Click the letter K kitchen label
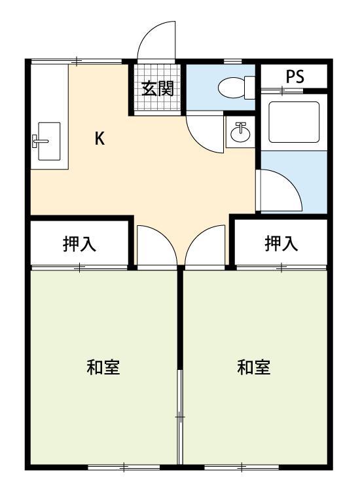(99, 138)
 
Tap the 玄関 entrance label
(157, 88)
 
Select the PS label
(295, 76)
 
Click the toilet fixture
(234, 86)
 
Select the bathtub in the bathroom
(294, 122)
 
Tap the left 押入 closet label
(79, 244)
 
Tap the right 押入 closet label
(281, 244)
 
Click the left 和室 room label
(103, 367)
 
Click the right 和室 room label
(253, 367)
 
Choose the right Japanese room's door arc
(204, 245)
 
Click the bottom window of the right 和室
(241, 467)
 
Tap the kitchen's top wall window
(77, 62)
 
